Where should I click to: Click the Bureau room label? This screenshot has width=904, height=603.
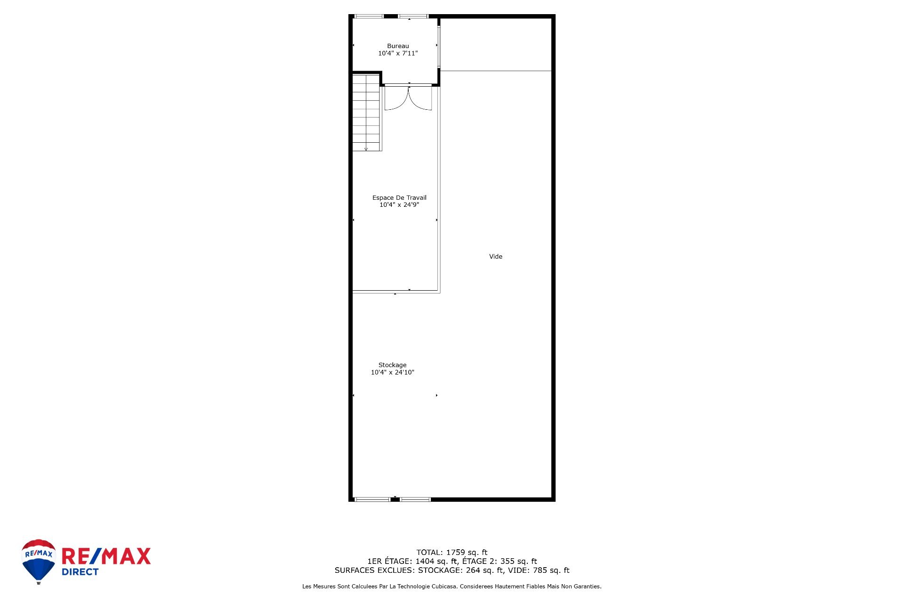(398, 46)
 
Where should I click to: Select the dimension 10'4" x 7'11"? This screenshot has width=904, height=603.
(398, 54)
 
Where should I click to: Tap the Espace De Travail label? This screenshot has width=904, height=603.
(399, 198)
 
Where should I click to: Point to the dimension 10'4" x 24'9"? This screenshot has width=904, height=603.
(399, 205)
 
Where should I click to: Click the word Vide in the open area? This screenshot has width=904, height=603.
(496, 257)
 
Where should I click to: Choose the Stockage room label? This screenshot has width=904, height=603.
(392, 365)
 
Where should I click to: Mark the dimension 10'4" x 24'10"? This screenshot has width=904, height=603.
(392, 373)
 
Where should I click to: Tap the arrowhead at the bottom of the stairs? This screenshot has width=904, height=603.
(366, 149)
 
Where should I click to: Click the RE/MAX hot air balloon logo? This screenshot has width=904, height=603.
(39, 561)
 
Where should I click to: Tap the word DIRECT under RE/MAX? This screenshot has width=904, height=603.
(80, 572)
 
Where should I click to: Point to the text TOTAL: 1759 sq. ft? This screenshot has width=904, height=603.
(452, 553)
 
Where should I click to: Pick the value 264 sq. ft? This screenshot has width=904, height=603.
(480, 570)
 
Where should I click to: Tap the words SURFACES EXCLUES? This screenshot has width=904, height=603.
(374, 570)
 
